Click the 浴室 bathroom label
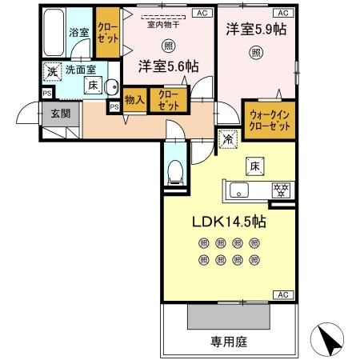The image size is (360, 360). [x=78, y=33]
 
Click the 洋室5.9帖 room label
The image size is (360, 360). [x=257, y=30]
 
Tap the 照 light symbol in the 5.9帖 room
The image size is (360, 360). [x=254, y=53]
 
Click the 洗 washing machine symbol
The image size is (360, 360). [x=51, y=70]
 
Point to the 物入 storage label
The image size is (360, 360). [x=134, y=100]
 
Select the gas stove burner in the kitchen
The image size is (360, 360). [x=280, y=190]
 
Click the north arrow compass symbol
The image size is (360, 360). [x=327, y=339]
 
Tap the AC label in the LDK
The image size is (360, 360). [x=282, y=295]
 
